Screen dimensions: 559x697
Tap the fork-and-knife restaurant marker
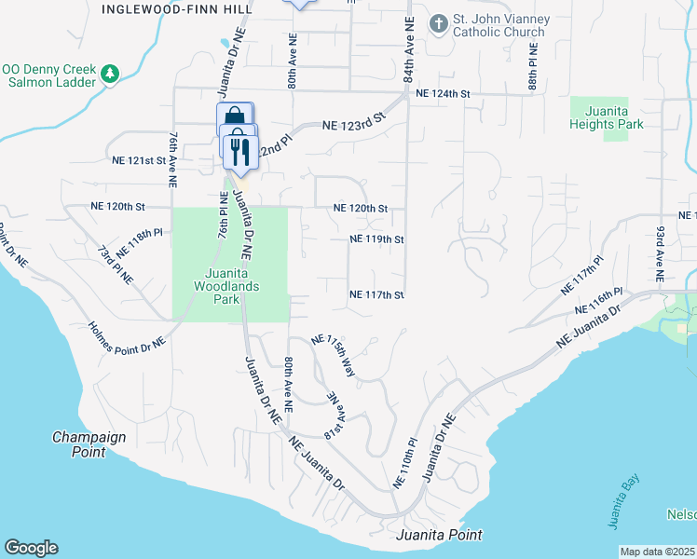coord(240,153)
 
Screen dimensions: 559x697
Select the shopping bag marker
coord(235,118)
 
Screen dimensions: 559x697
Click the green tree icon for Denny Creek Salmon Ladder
coord(110,74)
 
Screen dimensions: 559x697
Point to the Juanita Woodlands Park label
coord(229,280)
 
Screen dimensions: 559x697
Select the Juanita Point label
coord(439,535)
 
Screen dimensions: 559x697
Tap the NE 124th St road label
coord(444,94)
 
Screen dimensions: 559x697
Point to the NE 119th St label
coord(376,239)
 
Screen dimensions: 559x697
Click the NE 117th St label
coord(376,295)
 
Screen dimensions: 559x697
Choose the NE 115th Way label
coord(334,355)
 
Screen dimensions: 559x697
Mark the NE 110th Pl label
coord(404,462)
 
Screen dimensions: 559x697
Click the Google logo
coord(31,548)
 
